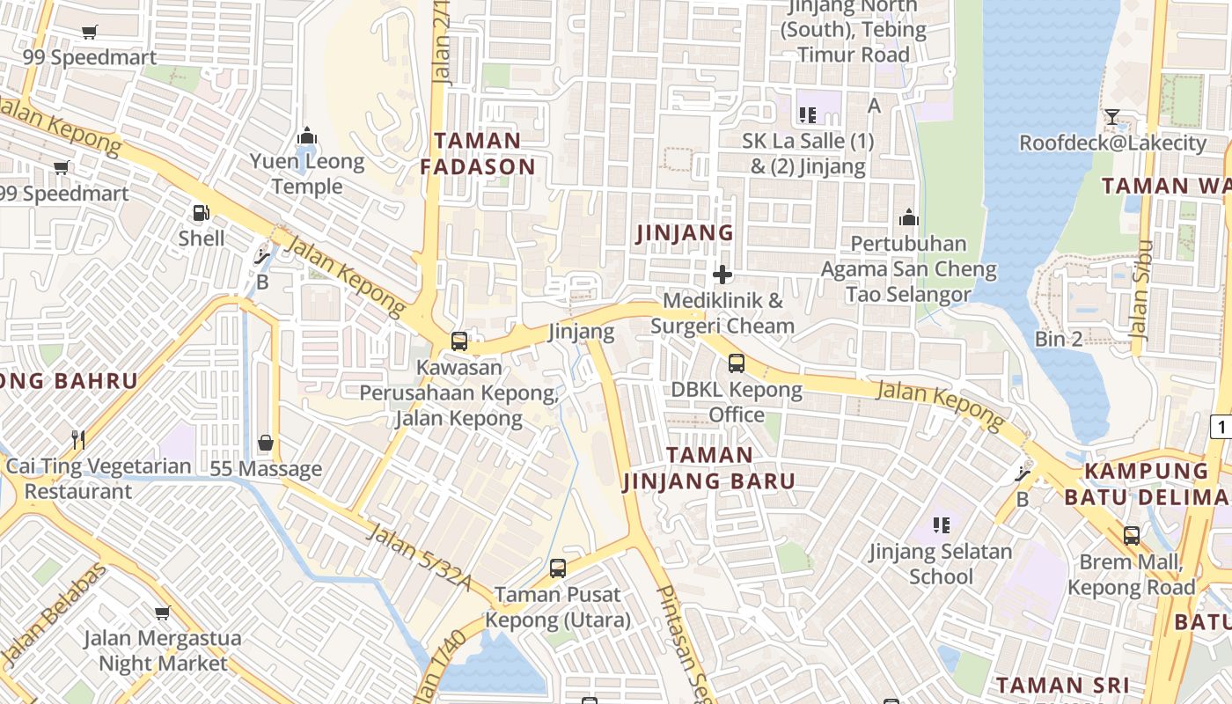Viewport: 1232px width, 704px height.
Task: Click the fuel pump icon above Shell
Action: coord(201,212)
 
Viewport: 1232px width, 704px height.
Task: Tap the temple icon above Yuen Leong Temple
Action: coord(307,135)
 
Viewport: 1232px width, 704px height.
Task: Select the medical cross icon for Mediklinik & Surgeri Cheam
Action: coord(722,275)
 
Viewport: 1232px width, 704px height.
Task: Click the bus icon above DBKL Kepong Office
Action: coord(737,363)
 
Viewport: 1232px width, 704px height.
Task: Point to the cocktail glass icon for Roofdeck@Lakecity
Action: coord(1112,116)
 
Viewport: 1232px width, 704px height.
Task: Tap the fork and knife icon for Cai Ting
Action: coord(78,439)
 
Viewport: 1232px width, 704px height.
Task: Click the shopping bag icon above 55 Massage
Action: coord(266,443)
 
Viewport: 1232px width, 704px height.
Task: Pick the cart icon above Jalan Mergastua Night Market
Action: coord(162,612)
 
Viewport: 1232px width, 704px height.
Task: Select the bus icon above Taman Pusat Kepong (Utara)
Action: coord(558,568)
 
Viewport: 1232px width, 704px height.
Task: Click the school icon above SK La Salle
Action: coord(807,114)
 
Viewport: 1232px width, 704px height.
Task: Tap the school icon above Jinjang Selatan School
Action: coord(942,525)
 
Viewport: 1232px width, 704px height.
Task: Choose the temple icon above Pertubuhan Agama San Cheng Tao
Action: coord(908,216)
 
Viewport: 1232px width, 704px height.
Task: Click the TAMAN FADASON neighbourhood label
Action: coord(478,153)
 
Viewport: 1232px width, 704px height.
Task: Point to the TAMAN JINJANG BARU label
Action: coord(709,468)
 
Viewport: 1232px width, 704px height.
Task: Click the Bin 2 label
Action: coord(1059,339)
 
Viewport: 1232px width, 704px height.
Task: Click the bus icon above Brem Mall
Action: coord(1132,535)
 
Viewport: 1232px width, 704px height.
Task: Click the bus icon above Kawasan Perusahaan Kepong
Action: coord(459,341)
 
